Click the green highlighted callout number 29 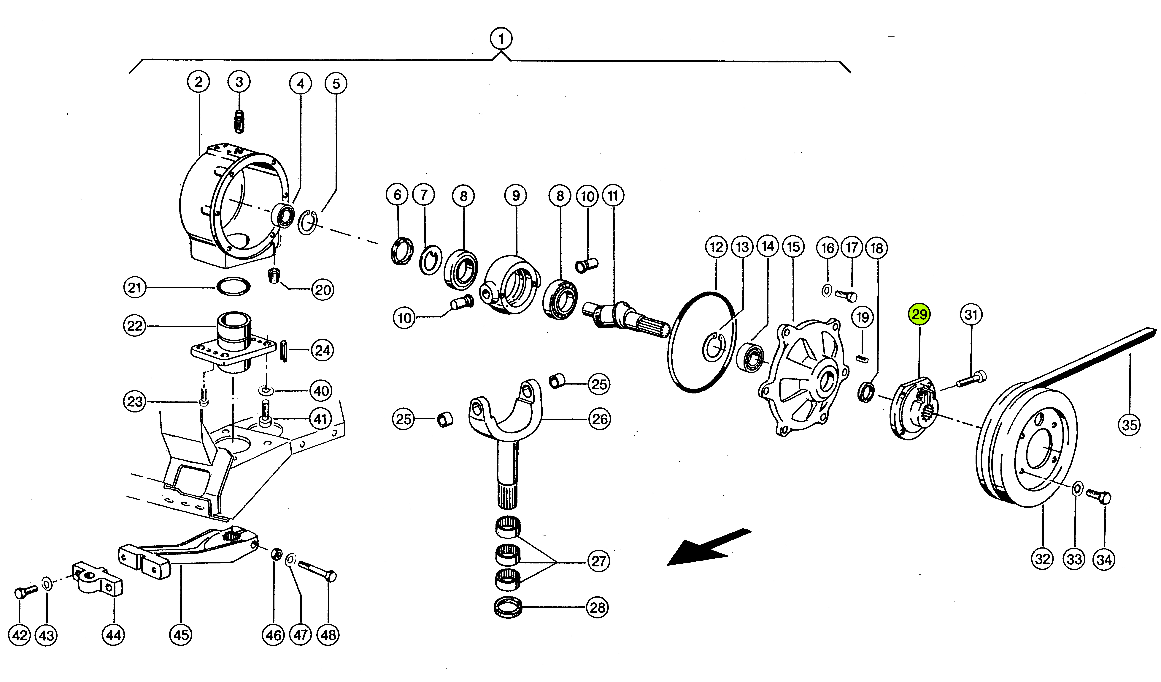point(919,314)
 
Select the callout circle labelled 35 point(1129,425)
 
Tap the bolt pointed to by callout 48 point(318,570)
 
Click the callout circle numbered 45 point(181,635)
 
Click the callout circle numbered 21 point(134,288)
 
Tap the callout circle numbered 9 point(516,196)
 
